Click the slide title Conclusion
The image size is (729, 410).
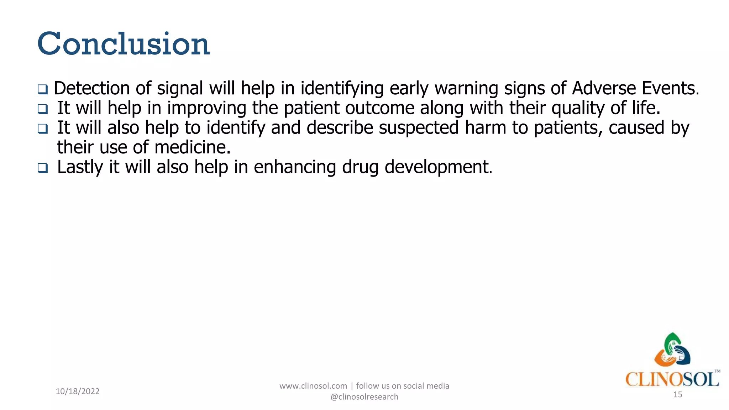[123, 44]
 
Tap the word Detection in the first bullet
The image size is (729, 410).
[91, 88]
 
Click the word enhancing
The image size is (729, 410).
[295, 167]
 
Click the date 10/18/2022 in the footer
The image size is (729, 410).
[78, 391]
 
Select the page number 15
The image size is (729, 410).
[678, 394]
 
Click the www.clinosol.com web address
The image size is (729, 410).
[313, 386]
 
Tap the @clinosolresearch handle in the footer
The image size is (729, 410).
[364, 397]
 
